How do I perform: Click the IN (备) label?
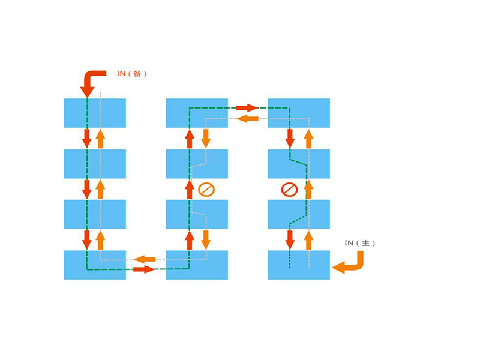pyautogui.click(x=131, y=74)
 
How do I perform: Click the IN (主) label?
pyautogui.click(x=359, y=243)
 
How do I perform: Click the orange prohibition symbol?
pyautogui.click(x=206, y=190)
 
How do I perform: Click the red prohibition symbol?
pyautogui.click(x=289, y=190)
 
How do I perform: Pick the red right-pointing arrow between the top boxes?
pyautogui.click(x=247, y=108)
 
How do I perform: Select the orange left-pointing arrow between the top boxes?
pyautogui.click(x=248, y=118)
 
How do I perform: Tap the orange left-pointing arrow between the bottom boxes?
pyautogui.click(x=145, y=260)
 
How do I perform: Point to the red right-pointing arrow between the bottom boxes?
pyautogui.click(x=144, y=269)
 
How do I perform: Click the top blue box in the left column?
pyautogui.click(x=95, y=113)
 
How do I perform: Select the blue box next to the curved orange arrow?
pyautogui.click(x=299, y=265)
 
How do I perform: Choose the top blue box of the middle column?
pyautogui.click(x=197, y=113)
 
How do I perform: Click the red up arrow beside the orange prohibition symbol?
pyautogui.click(x=190, y=190)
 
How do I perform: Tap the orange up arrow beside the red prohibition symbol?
pyautogui.click(x=308, y=190)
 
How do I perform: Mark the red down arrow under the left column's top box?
pyautogui.click(x=87, y=139)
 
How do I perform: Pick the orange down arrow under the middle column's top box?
pyautogui.click(x=206, y=139)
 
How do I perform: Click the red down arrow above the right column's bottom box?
pyautogui.click(x=290, y=239)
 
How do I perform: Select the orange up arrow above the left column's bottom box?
pyautogui.click(x=100, y=240)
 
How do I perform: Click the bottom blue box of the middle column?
pyautogui.click(x=197, y=265)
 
